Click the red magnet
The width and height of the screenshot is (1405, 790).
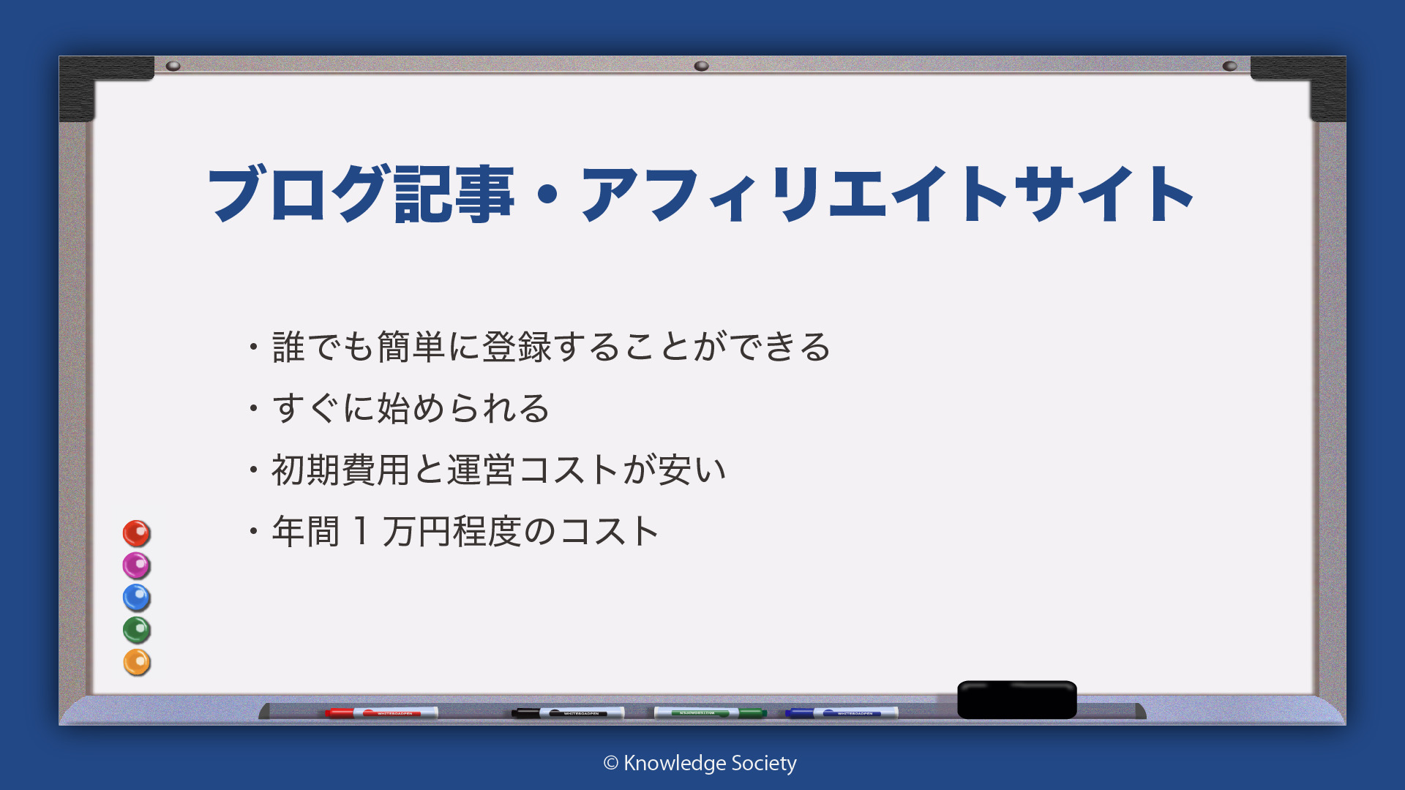(136, 533)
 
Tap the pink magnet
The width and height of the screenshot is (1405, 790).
(136, 565)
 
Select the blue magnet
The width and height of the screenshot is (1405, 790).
(136, 598)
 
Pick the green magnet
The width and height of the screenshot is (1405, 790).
(136, 630)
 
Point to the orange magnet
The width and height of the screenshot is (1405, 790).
(136, 662)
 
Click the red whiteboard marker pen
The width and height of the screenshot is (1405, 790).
(381, 712)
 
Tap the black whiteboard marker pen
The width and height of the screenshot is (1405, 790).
(568, 712)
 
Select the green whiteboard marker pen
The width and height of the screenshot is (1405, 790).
(710, 712)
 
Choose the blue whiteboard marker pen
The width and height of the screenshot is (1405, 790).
(842, 712)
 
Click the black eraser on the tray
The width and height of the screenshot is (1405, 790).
(1017, 700)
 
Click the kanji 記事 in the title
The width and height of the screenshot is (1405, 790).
(454, 194)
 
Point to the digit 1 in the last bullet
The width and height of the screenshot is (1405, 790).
(361, 531)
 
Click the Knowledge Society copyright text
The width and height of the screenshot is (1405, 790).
(700, 764)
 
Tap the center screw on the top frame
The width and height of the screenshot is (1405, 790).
(701, 66)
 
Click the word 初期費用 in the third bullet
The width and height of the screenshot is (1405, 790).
(341, 470)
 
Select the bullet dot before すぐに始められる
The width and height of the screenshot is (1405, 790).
(253, 407)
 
